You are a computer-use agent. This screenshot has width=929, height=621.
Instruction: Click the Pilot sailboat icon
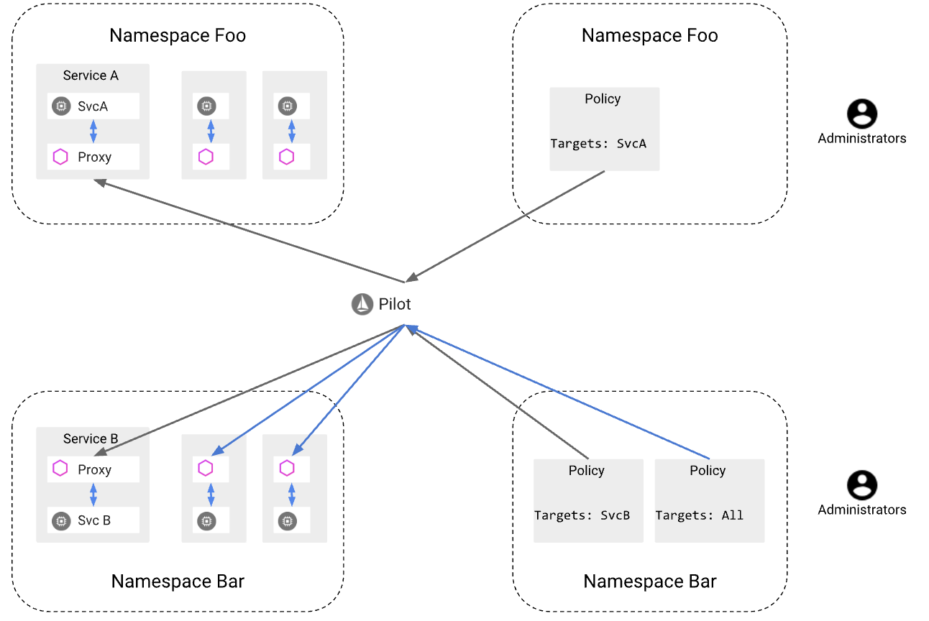click(362, 305)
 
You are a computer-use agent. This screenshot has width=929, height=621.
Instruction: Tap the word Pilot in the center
click(395, 305)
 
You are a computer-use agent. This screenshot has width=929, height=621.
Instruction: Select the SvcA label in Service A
click(93, 106)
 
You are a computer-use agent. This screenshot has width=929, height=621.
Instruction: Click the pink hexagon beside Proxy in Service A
click(61, 157)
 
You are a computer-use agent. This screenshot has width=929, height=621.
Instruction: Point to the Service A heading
click(91, 75)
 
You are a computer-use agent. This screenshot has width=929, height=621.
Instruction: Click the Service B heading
click(91, 438)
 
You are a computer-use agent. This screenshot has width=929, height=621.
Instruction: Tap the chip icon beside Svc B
click(61, 520)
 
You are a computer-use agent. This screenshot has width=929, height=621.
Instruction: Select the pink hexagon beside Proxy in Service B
click(61, 469)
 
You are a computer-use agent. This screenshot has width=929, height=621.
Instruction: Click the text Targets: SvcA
click(598, 144)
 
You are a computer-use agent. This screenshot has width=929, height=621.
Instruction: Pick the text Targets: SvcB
click(582, 515)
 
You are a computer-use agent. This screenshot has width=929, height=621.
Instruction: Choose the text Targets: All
click(699, 515)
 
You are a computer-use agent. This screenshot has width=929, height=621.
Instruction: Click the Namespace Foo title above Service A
click(178, 35)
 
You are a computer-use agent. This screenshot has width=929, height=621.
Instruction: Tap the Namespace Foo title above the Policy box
click(649, 35)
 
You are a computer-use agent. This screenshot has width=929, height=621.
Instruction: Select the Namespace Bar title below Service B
click(178, 581)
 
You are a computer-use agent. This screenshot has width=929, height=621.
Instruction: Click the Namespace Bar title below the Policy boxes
click(649, 581)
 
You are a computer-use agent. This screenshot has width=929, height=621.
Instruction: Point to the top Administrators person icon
click(861, 114)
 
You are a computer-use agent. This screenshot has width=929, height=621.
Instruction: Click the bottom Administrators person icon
click(861, 485)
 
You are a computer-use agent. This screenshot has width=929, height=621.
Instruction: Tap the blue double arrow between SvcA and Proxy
click(93, 132)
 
